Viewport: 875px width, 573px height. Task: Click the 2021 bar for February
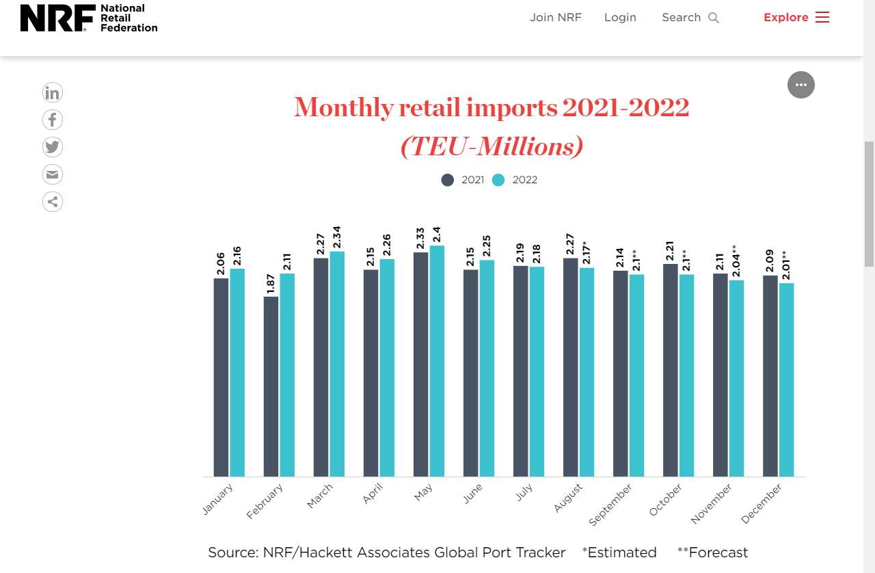coord(271,386)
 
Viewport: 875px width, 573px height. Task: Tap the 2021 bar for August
coord(571,367)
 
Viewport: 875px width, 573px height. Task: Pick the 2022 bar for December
coord(786,379)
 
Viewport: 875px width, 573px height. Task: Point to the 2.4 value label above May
coord(437,235)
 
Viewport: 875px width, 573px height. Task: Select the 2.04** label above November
coord(736,262)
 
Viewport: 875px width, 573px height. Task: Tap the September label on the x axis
coord(610,505)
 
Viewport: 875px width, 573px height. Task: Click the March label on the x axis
coord(320,496)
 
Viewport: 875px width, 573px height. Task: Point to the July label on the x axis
coord(524,492)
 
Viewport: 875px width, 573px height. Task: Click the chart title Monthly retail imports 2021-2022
coord(492,107)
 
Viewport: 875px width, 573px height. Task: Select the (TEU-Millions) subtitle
coord(492,146)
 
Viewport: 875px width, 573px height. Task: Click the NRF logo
coord(89,18)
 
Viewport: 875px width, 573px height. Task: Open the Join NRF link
coord(555,18)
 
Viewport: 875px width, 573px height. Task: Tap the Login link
coord(620,18)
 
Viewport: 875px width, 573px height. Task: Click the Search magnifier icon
coord(714,18)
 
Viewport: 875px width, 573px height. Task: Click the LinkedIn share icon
coord(53,92)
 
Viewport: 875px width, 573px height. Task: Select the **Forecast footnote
coord(712,552)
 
